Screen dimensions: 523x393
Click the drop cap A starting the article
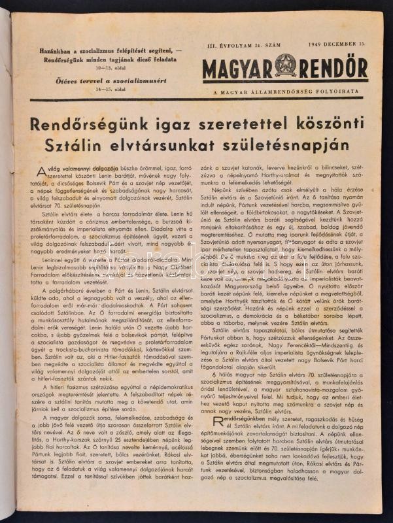coord(41,171)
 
